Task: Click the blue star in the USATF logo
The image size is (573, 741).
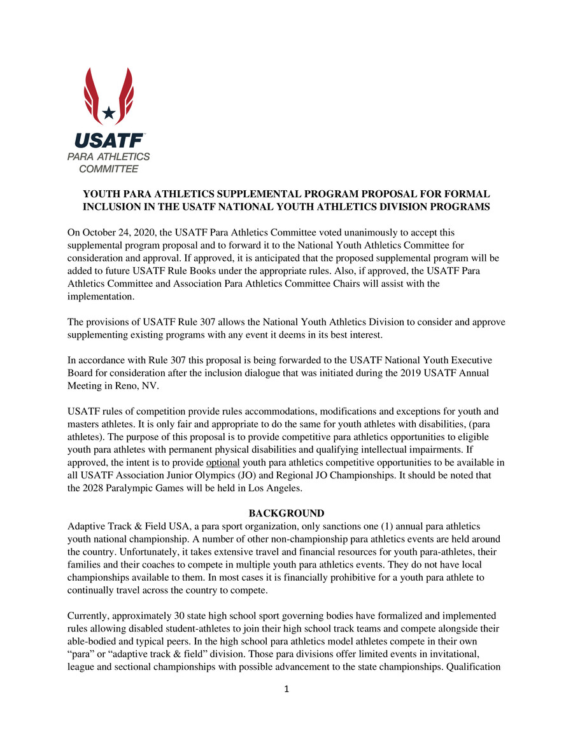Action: click(x=109, y=113)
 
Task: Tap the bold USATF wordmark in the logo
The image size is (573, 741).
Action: click(x=108, y=141)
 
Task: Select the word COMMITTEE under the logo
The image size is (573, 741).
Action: click(x=108, y=169)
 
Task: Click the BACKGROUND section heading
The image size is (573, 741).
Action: click(x=286, y=513)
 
